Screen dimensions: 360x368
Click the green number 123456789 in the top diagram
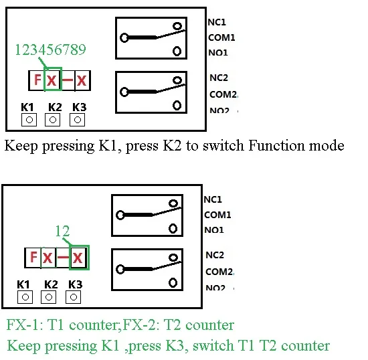pos(50,50)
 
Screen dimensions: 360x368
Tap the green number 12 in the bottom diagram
pos(62,232)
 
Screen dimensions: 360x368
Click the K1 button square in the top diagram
pos(29,120)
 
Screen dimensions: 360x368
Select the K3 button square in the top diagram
pos(78,120)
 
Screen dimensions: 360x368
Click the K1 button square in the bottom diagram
pos(25,296)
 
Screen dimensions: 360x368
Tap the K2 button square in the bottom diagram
pos(50,296)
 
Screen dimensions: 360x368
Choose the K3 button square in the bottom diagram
pos(76,296)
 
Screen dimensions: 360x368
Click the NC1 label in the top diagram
pos(217,22)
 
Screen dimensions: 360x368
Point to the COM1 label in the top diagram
pos(221,38)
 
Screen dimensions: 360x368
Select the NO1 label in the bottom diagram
pos(214,230)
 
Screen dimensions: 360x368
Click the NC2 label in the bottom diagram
pos(215,255)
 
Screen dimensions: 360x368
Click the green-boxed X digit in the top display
pos(52,80)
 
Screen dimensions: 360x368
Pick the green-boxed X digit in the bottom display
pos(79,257)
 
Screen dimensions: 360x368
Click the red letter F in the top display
pos(36,80)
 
